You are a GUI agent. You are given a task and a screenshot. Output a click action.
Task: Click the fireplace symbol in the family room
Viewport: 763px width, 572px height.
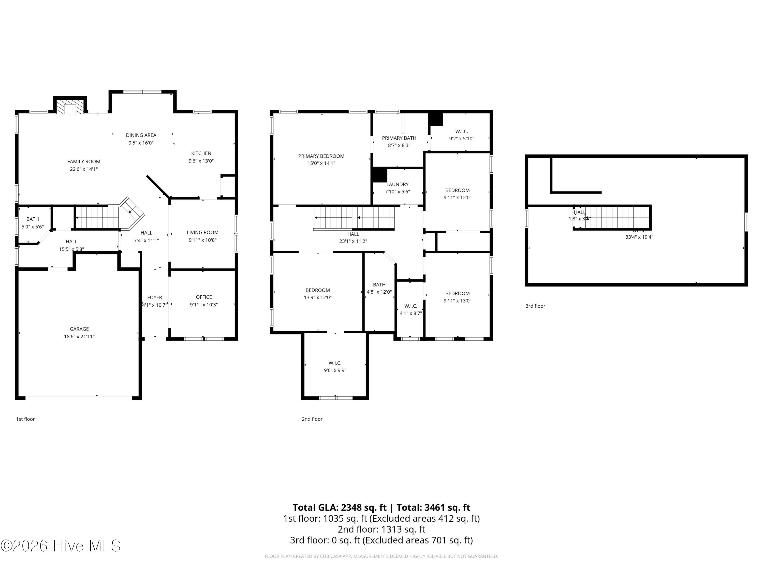tap(70, 107)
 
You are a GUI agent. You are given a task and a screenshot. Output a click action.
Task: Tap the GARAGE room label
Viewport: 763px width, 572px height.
tap(79, 329)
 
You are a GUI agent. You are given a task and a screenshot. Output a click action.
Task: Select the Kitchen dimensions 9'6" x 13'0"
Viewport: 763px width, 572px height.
tap(201, 161)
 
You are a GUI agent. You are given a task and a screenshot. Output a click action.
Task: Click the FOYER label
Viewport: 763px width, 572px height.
tap(155, 297)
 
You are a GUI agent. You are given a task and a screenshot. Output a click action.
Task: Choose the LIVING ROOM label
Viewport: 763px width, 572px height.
tap(202, 233)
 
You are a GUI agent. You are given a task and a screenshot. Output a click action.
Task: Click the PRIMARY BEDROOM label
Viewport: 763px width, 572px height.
tap(321, 156)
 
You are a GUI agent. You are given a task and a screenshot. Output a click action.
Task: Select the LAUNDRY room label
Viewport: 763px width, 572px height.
tap(397, 185)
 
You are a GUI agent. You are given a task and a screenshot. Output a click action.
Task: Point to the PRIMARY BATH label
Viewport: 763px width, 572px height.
tap(399, 138)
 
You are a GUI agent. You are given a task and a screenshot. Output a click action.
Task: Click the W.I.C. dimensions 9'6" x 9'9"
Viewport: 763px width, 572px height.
tap(335, 371)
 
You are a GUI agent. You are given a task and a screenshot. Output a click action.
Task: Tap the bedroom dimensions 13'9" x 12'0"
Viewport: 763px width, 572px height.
tap(317, 297)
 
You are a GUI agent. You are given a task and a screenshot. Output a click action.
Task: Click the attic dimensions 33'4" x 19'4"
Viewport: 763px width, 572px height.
tap(639, 237)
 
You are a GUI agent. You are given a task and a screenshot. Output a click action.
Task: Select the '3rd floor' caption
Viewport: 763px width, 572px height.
tap(535, 306)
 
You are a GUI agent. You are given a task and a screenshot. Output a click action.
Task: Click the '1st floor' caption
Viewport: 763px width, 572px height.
tap(25, 419)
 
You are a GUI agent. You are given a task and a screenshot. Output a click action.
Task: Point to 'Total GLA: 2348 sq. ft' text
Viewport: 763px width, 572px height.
tap(340, 507)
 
